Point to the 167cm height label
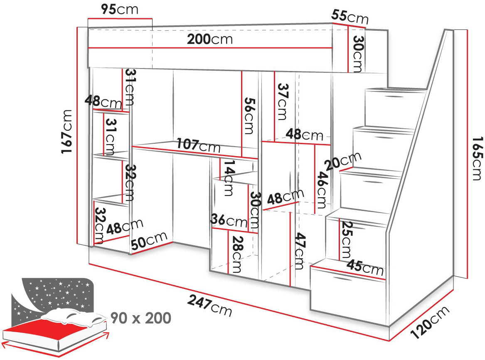67,132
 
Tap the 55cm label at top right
350,17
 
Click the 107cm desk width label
198,145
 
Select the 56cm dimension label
249,116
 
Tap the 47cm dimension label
299,251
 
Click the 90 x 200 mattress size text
140,318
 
